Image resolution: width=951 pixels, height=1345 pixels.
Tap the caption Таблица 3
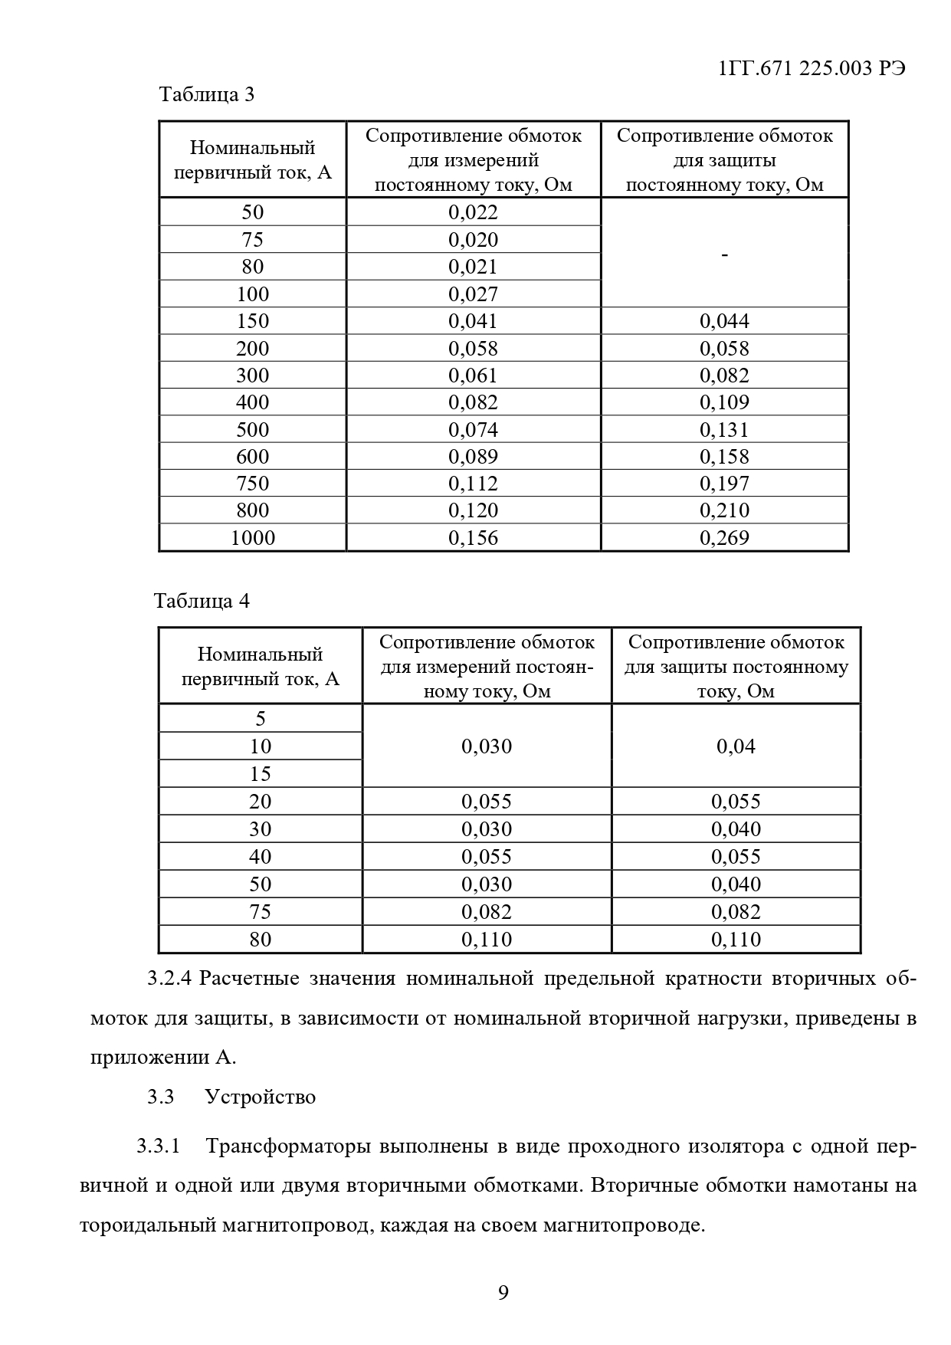coord(206,95)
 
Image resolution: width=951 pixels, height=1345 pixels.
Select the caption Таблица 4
coord(202,601)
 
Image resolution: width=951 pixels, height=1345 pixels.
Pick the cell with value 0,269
coord(724,538)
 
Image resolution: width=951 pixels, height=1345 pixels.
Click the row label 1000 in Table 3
coord(252,538)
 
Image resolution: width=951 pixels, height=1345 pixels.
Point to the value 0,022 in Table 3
coord(473,212)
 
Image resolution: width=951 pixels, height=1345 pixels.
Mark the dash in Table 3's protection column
coord(724,254)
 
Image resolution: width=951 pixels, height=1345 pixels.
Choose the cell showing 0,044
coord(724,321)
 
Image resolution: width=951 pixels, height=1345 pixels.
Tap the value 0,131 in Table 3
coord(724,430)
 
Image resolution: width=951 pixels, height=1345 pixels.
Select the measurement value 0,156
coord(473,538)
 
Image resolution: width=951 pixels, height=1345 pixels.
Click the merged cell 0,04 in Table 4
coord(736,746)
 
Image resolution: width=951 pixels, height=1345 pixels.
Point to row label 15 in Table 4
coord(261,774)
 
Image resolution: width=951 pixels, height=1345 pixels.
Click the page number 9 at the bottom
coord(503,1293)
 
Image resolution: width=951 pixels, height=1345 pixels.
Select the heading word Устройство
coord(261,1097)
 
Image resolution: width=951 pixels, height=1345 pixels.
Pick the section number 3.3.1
coord(158,1147)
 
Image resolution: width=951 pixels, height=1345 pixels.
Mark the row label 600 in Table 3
coord(252,457)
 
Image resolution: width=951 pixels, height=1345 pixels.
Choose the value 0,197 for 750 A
coord(724,484)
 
